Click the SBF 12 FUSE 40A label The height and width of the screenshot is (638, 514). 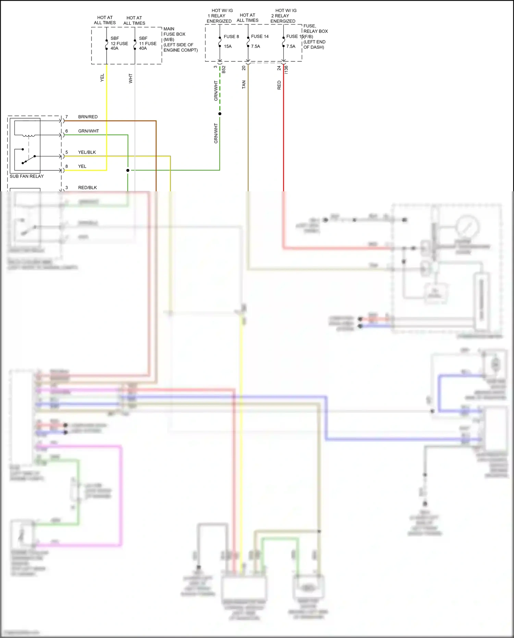(x=119, y=44)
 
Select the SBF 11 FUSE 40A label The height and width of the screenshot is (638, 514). (x=147, y=44)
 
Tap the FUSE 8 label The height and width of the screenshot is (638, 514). (x=231, y=37)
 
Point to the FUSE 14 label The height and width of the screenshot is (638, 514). (x=260, y=36)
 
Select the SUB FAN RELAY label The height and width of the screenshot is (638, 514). (x=27, y=176)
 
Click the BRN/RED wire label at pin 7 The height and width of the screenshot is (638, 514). (x=88, y=117)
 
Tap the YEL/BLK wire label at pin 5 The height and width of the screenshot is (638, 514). (x=87, y=152)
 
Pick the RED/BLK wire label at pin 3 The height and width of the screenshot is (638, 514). (x=87, y=188)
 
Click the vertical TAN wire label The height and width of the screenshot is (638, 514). (x=244, y=85)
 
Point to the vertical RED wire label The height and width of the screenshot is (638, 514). (x=279, y=85)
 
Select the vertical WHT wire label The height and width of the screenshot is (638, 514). (x=131, y=78)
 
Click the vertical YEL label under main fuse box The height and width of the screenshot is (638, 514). (x=102, y=77)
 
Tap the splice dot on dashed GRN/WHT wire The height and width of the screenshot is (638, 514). (x=220, y=114)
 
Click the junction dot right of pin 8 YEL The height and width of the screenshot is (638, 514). (x=128, y=170)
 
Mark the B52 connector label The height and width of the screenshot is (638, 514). (x=224, y=70)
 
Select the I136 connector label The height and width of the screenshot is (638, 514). (x=286, y=70)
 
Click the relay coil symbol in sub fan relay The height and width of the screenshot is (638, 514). (x=28, y=135)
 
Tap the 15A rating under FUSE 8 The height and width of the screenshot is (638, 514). (x=228, y=46)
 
